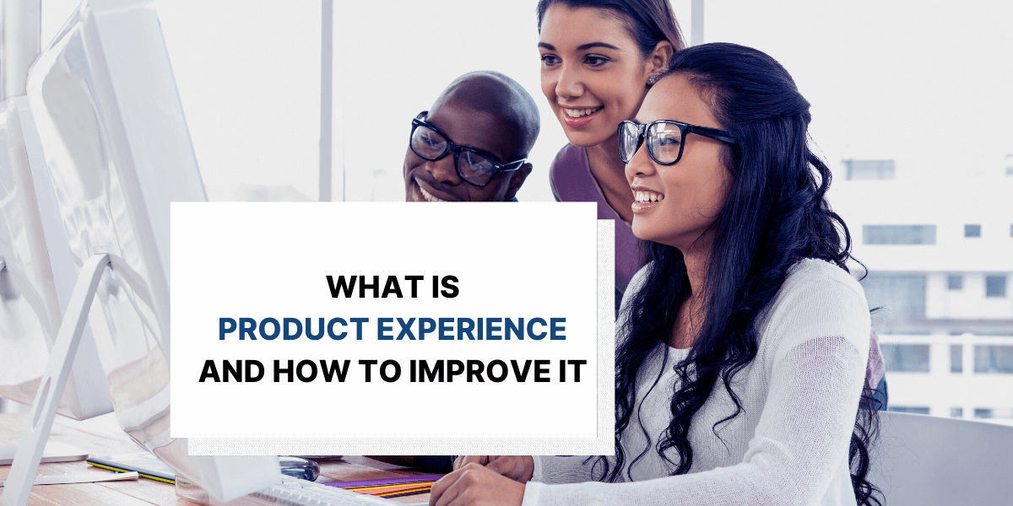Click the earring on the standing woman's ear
coord(652,78)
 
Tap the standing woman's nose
coord(571,84)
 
